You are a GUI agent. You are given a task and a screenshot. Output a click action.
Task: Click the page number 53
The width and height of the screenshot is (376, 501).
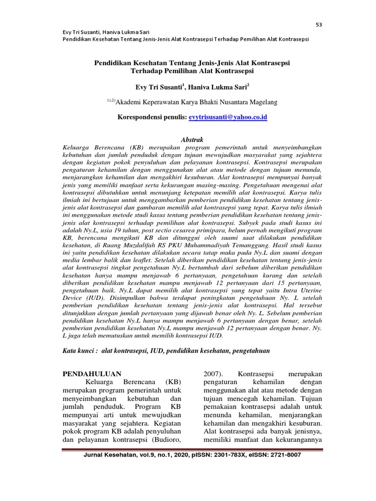click(x=319, y=25)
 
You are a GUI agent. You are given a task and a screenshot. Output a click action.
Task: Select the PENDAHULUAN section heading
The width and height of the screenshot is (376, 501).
click(x=92, y=374)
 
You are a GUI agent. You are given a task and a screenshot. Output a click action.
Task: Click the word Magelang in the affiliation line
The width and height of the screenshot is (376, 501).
click(x=263, y=102)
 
